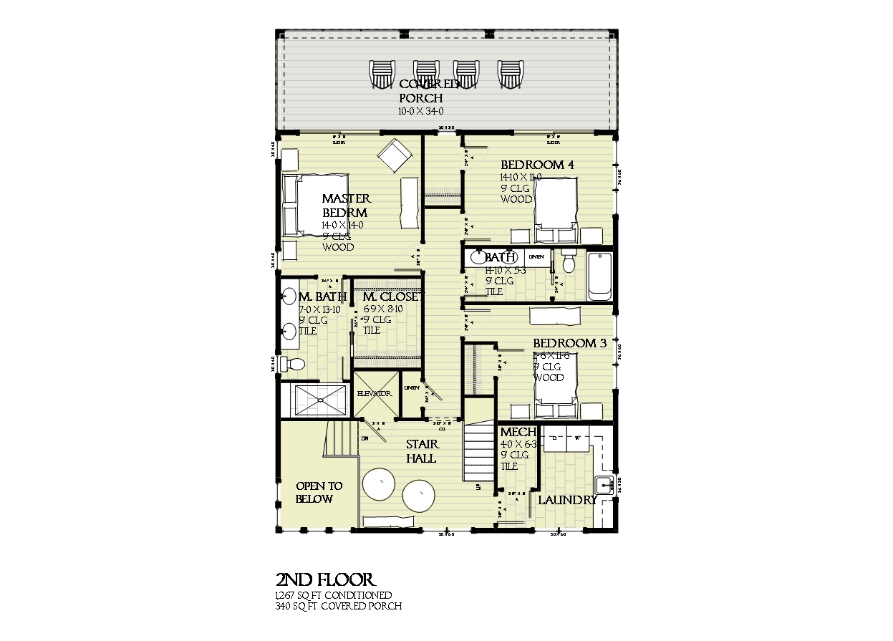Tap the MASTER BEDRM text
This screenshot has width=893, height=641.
346,206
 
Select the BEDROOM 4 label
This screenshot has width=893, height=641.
538,165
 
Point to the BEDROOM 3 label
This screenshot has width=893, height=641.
569,344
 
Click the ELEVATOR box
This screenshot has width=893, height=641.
374,394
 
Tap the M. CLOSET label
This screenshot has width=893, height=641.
392,297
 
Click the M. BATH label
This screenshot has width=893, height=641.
323,297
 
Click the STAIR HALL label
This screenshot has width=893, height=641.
421,451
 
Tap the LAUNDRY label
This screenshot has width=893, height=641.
567,500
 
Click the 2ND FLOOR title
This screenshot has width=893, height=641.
325,579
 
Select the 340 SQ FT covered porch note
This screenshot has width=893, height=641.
338,606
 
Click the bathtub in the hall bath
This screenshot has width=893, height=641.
599,276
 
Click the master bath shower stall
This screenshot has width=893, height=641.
315,400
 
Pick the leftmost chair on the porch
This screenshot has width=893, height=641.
382,74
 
